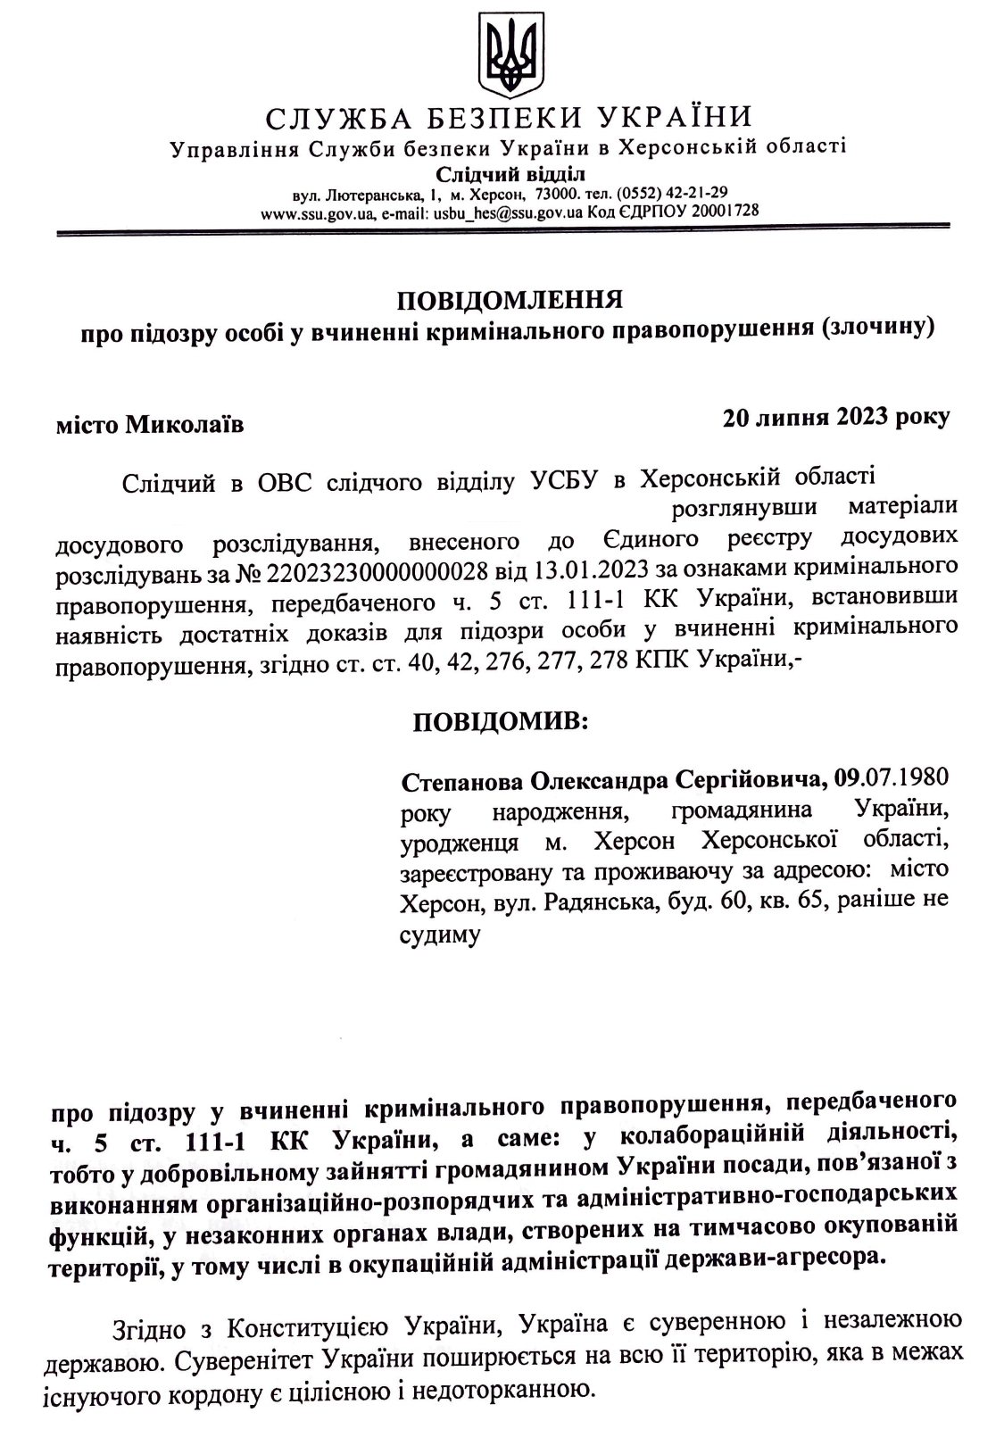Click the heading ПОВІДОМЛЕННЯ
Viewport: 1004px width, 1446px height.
coord(509,298)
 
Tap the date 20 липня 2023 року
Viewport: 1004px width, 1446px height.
coord(835,417)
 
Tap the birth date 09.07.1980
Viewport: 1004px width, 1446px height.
coord(892,777)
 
